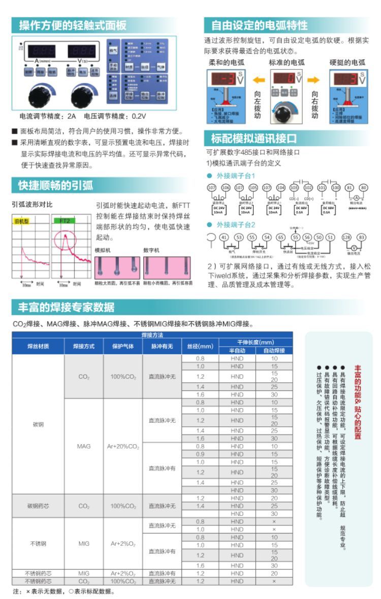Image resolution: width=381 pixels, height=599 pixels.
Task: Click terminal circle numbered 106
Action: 226,187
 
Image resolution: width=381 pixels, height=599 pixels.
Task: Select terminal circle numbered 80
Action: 363,187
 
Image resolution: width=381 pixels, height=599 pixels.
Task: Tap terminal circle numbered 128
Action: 346,237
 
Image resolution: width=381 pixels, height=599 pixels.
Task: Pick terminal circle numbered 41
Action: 224,237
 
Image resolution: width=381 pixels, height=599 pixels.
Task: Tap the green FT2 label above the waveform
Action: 65,221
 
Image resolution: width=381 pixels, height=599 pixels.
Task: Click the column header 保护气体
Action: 122,346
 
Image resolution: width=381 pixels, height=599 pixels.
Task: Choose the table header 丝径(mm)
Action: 200,346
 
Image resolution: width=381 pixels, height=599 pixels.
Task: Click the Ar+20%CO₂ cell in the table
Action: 122,446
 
